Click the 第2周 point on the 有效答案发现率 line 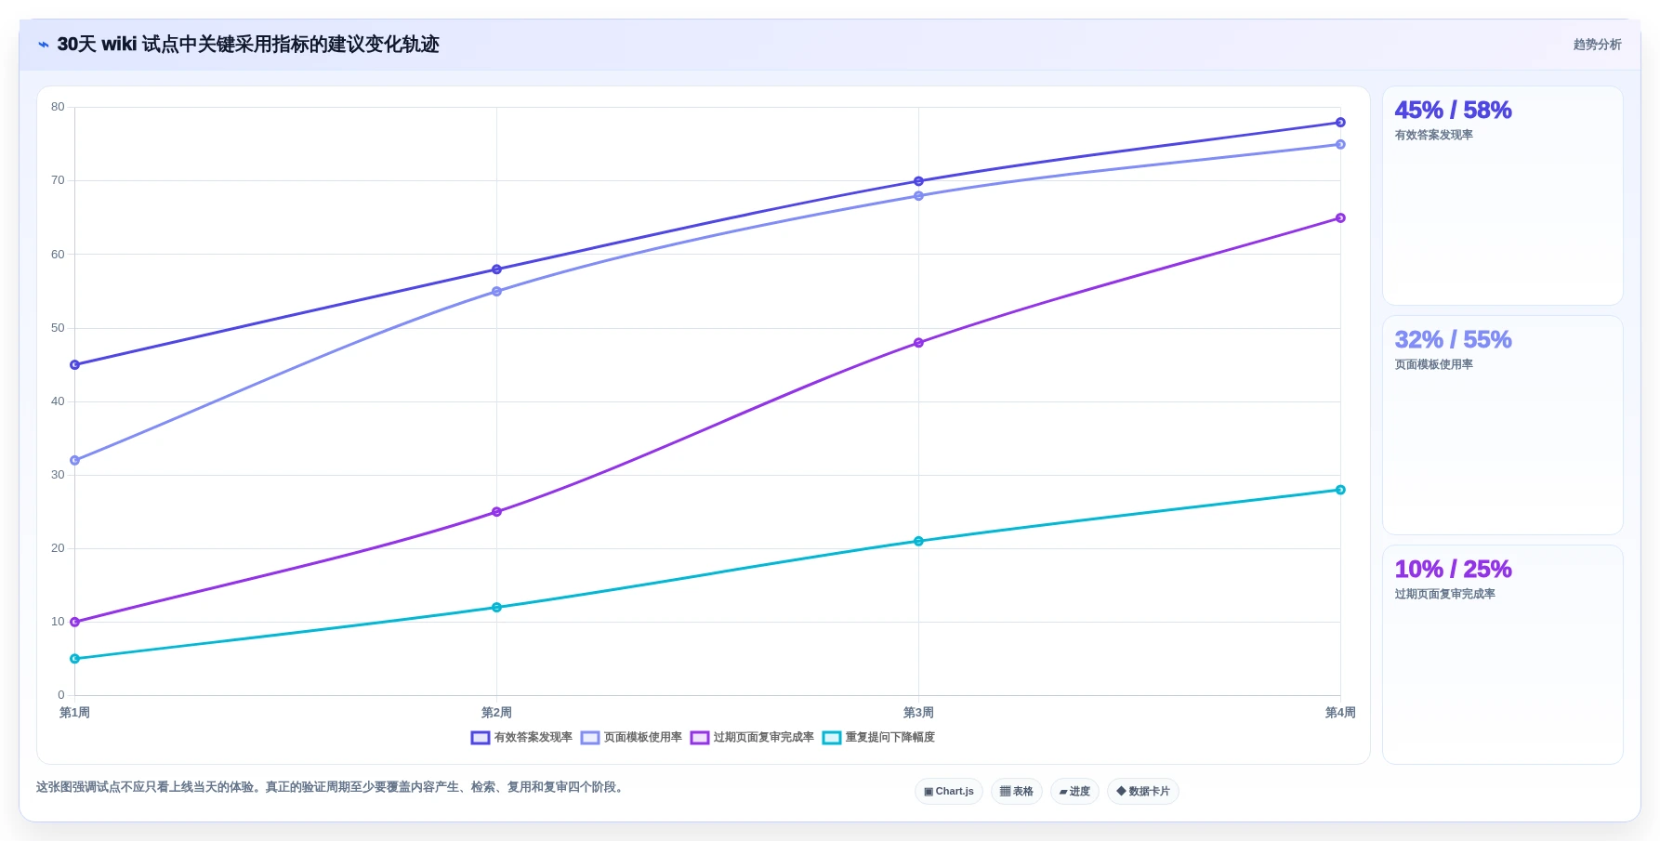(x=496, y=269)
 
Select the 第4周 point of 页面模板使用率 (x=1340, y=144)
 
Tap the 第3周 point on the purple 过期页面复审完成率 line (x=918, y=343)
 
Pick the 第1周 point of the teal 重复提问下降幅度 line (x=74, y=659)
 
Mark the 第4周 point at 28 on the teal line (x=1340, y=490)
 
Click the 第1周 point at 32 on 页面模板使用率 (x=74, y=460)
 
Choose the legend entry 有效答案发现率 (x=521, y=738)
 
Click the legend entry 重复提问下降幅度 (x=878, y=738)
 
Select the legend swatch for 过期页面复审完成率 (x=700, y=738)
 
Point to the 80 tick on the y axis (x=58, y=107)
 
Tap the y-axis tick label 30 (x=58, y=475)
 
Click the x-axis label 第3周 (x=918, y=713)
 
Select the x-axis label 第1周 (x=74, y=713)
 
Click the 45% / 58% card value (x=1453, y=110)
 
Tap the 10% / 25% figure (x=1453, y=569)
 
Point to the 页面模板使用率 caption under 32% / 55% (x=1433, y=364)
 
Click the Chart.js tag (x=949, y=792)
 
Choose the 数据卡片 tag (x=1143, y=792)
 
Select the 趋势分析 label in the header (x=1597, y=45)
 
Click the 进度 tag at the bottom (x=1074, y=792)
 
